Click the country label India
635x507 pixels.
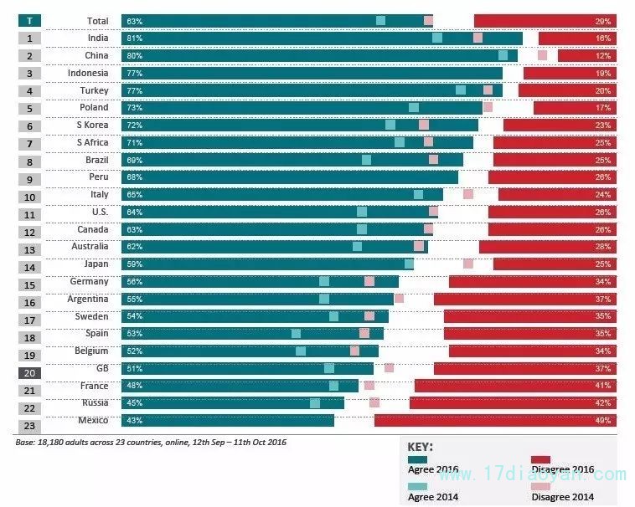[97, 38]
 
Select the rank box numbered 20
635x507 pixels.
[29, 373]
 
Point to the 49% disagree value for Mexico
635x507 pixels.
[603, 421]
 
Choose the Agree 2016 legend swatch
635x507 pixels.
[417, 458]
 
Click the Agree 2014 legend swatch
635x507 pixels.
[417, 486]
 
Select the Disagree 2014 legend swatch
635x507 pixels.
[540, 486]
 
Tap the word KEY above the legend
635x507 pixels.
[420, 446]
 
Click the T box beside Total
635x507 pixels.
[29, 20]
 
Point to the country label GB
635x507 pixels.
[102, 368]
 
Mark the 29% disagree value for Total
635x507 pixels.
[603, 20]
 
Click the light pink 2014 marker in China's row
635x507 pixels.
[543, 55]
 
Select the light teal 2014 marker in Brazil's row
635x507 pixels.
[366, 160]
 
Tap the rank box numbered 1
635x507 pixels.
[29, 38]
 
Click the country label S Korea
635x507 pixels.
[92, 125]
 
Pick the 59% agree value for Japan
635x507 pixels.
[134, 264]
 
